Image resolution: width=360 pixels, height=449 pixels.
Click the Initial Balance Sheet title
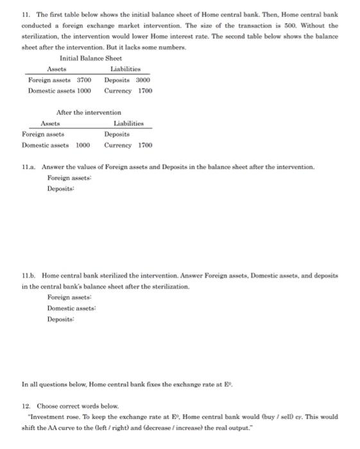tap(90, 58)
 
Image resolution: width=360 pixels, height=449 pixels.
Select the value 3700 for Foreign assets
tap(83, 80)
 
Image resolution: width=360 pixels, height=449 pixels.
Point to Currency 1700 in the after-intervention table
tap(128, 145)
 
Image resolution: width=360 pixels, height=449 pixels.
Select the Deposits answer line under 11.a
tap(61, 189)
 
